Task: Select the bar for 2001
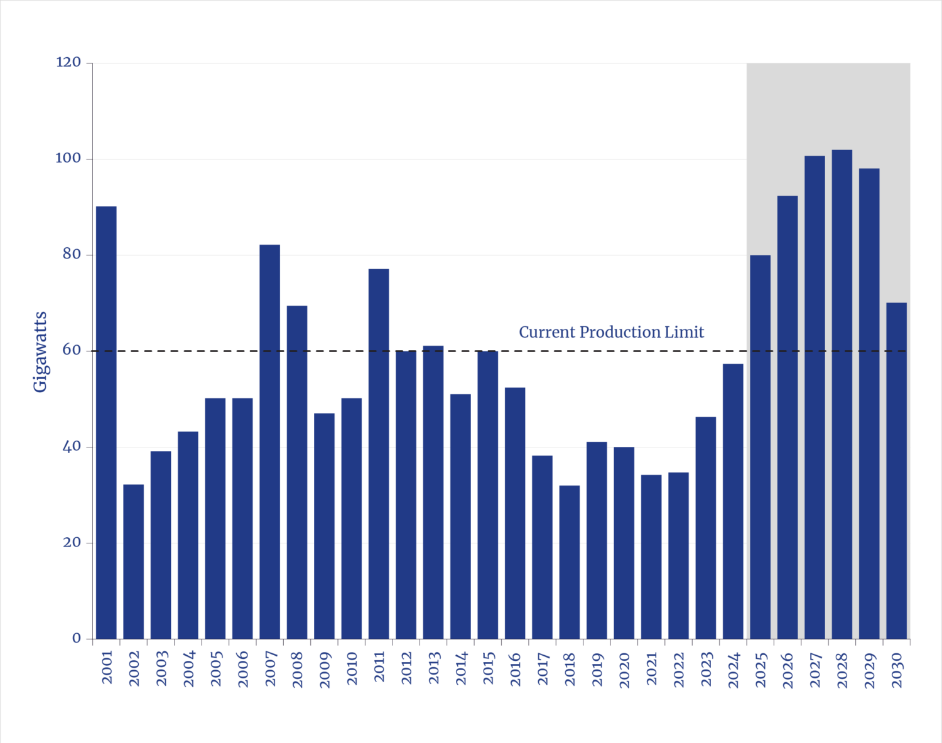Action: (106, 422)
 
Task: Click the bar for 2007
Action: (269, 441)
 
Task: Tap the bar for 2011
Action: (379, 453)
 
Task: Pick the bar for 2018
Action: (570, 562)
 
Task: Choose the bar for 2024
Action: (733, 501)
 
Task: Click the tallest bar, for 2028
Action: (842, 394)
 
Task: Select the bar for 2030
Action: (897, 471)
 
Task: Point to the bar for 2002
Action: (134, 561)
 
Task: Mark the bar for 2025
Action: (761, 447)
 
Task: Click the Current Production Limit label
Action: (611, 332)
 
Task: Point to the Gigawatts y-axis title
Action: (41, 351)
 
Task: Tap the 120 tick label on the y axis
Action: (68, 63)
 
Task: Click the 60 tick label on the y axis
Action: (72, 350)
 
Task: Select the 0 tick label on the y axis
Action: (77, 638)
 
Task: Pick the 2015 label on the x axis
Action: (488, 669)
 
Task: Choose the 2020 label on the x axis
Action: (624, 670)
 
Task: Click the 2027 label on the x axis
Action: (815, 670)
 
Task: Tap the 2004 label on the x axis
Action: (188, 669)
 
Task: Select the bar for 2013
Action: (433, 491)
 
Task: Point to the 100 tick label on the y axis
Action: (68, 158)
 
